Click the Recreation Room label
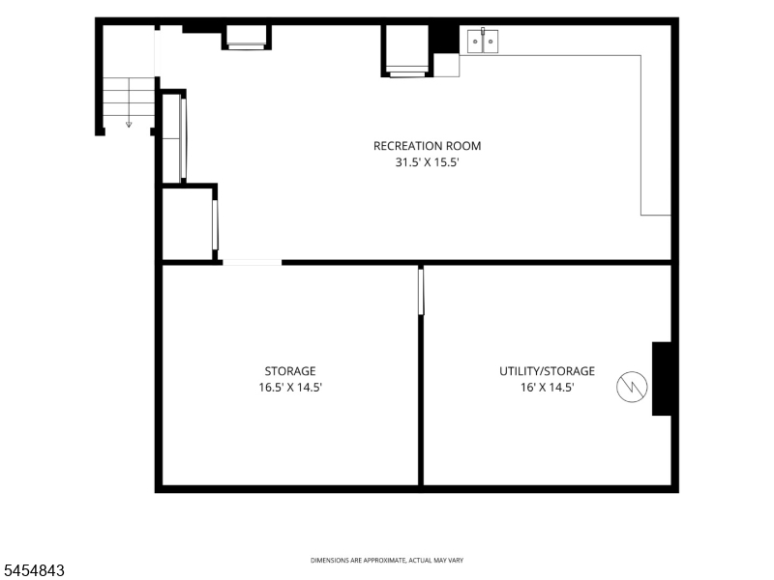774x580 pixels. (x=427, y=146)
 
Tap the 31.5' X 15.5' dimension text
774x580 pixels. (x=427, y=162)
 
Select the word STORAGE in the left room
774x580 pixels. (x=290, y=371)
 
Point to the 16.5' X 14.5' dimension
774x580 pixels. (x=290, y=388)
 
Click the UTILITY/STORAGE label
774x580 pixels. (x=547, y=371)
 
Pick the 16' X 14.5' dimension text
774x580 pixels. (x=547, y=388)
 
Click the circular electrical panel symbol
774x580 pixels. (x=632, y=387)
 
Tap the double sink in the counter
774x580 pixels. (x=483, y=41)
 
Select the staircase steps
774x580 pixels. (x=129, y=98)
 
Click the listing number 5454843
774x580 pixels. (x=32, y=570)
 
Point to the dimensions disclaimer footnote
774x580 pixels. (x=387, y=561)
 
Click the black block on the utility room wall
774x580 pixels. (x=662, y=379)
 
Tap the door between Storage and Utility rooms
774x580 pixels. (x=421, y=291)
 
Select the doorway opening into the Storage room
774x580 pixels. (x=253, y=262)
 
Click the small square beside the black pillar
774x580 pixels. (x=446, y=65)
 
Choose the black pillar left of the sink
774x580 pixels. (x=444, y=39)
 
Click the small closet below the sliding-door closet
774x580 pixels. (x=188, y=223)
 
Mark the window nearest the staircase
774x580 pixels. (x=247, y=38)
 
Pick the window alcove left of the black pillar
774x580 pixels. (x=406, y=51)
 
